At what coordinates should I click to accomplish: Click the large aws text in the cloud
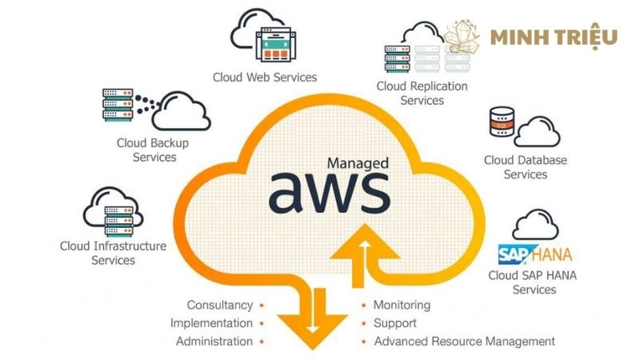tap(329, 191)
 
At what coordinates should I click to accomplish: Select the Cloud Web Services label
tap(265, 78)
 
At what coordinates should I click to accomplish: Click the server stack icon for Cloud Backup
tap(117, 105)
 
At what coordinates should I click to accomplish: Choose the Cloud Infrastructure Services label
tap(113, 253)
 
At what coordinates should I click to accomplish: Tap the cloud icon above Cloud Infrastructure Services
tap(113, 210)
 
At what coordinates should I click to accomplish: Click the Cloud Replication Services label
tap(422, 93)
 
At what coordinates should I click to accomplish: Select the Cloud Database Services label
tap(526, 167)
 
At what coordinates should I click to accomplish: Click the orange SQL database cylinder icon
tap(499, 123)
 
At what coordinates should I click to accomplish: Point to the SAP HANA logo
tap(534, 255)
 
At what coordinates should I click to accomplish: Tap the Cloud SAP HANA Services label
tap(533, 282)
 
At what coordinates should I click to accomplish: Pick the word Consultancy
tap(220, 305)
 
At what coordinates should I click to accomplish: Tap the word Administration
tap(214, 342)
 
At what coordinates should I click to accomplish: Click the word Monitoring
tap(402, 305)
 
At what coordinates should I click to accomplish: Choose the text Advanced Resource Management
tap(464, 342)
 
